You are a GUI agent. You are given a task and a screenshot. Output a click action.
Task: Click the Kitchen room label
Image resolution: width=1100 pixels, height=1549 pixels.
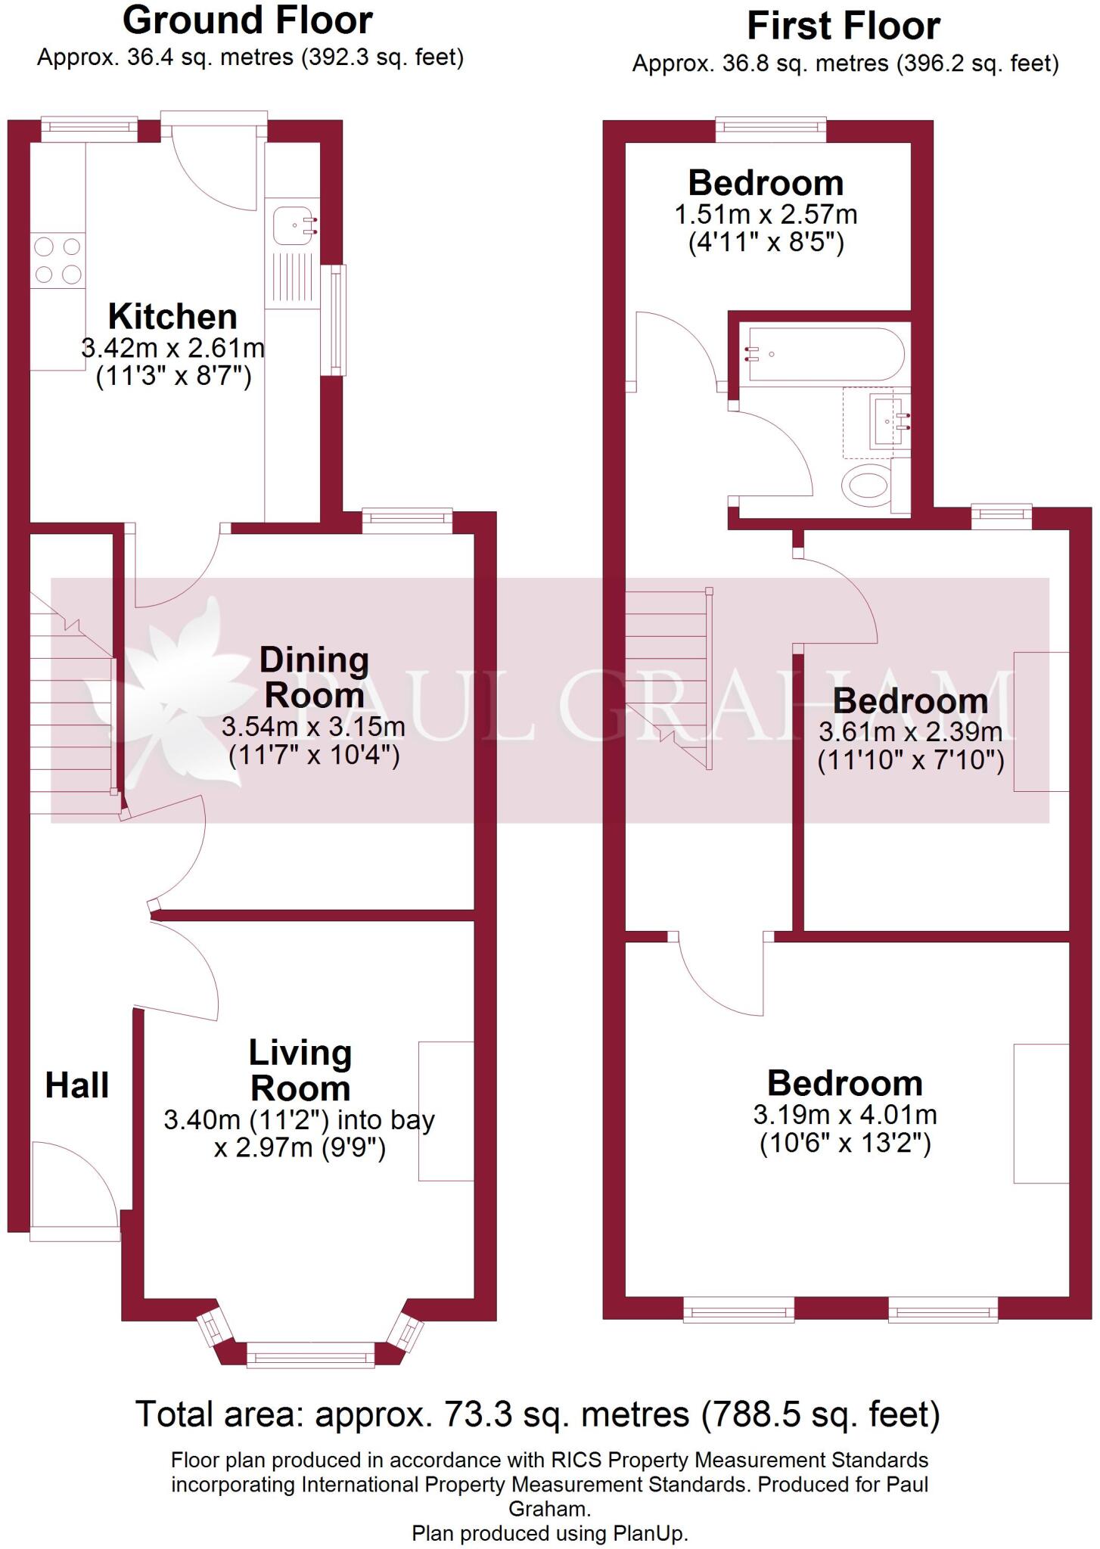(x=172, y=316)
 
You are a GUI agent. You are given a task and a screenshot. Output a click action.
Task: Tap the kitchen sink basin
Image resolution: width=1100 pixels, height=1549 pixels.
(x=294, y=225)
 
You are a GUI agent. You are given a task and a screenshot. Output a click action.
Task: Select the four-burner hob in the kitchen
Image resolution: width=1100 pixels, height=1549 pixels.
(x=57, y=260)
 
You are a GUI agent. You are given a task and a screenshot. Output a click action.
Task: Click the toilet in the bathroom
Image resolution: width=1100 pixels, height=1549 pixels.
(x=869, y=486)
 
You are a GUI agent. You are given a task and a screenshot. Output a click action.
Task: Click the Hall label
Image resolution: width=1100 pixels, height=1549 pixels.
(x=76, y=1085)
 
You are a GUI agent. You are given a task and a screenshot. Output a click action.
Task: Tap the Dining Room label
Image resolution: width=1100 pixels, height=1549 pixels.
(x=314, y=677)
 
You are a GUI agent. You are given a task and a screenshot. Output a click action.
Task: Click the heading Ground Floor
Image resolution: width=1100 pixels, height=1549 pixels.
(x=247, y=20)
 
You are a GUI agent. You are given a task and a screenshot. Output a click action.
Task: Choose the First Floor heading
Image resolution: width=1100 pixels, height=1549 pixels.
(x=844, y=26)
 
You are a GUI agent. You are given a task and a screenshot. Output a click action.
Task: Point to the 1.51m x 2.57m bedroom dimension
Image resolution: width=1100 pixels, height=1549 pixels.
(x=766, y=215)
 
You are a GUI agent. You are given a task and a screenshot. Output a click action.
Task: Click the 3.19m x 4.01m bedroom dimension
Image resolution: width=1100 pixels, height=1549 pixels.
(x=845, y=1115)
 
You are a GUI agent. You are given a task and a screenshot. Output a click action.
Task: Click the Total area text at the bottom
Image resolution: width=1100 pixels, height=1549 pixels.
(x=537, y=1414)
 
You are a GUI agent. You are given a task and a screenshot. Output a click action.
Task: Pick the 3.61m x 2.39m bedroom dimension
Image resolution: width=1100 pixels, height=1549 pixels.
(x=911, y=732)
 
